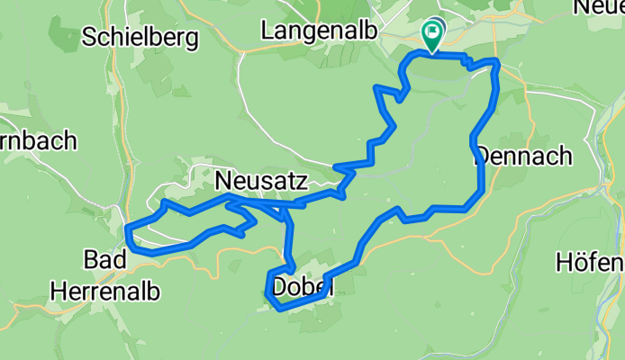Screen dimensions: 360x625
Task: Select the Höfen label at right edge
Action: (x=590, y=263)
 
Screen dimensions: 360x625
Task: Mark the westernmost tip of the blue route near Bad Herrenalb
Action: (x=127, y=229)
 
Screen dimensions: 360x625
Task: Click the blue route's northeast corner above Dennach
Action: (x=496, y=61)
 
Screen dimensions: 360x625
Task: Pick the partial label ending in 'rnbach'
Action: (x=38, y=140)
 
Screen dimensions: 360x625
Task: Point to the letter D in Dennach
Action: (x=481, y=156)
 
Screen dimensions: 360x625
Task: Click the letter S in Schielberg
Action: (x=88, y=36)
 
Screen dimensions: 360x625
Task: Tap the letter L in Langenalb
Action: (x=267, y=30)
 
